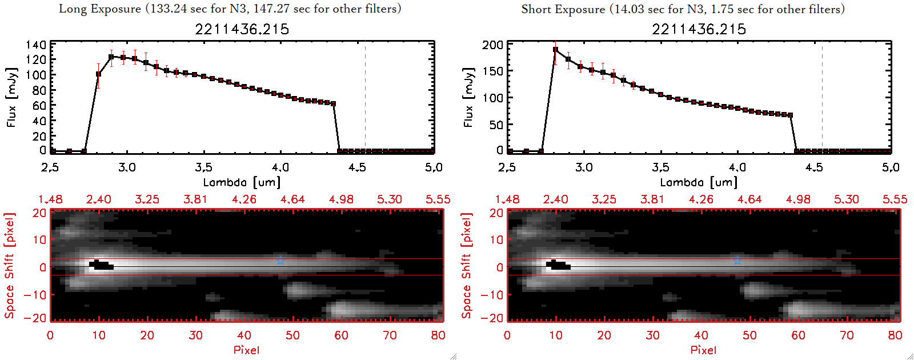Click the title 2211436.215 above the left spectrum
click(x=242, y=29)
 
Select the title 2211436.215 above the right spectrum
click(x=699, y=29)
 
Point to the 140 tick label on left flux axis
click(x=36, y=45)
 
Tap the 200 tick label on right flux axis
click(x=492, y=45)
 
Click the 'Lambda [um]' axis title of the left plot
click(x=242, y=182)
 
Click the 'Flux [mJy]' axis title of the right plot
click(x=468, y=97)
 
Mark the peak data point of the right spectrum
click(x=555, y=50)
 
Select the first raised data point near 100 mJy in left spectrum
click(x=99, y=74)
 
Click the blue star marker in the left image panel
click(x=280, y=261)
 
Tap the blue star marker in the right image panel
click(x=737, y=261)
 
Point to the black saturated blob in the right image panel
click(x=558, y=265)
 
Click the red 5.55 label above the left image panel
click(x=438, y=199)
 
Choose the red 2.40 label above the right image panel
click(x=555, y=199)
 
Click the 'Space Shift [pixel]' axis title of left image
click(x=9, y=266)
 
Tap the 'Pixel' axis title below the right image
click(x=703, y=350)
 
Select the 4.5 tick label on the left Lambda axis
click(x=357, y=167)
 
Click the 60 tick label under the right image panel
click(x=798, y=335)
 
